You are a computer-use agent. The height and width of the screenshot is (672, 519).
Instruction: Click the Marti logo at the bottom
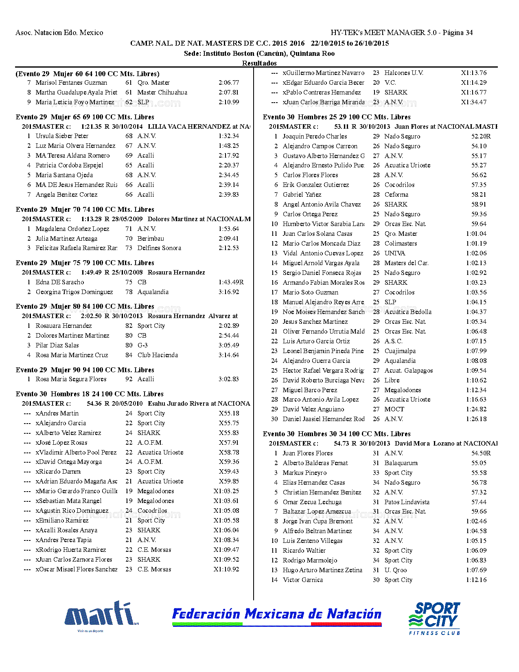[101, 615]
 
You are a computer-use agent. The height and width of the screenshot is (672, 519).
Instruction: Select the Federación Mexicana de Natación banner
[277, 616]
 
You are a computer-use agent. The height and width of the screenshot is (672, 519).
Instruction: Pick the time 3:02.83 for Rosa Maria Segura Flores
[229, 379]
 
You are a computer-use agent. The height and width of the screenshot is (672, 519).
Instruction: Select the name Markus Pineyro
[304, 473]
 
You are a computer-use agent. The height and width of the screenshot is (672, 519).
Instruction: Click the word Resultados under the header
[259, 63]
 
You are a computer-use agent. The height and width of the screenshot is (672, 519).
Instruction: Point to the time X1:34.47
[473, 102]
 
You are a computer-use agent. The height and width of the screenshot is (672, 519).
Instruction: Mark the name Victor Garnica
[303, 580]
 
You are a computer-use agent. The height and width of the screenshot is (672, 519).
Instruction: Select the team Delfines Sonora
[159, 248]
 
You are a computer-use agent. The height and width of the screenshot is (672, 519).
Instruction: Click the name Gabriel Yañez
[302, 195]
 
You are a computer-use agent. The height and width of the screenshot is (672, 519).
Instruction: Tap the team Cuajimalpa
[400, 351]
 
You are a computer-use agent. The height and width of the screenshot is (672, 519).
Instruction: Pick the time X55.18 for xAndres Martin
[229, 413]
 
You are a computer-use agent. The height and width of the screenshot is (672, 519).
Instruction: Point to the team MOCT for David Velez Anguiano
[394, 409]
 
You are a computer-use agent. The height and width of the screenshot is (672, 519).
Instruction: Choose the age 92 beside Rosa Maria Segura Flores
[129, 379]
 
